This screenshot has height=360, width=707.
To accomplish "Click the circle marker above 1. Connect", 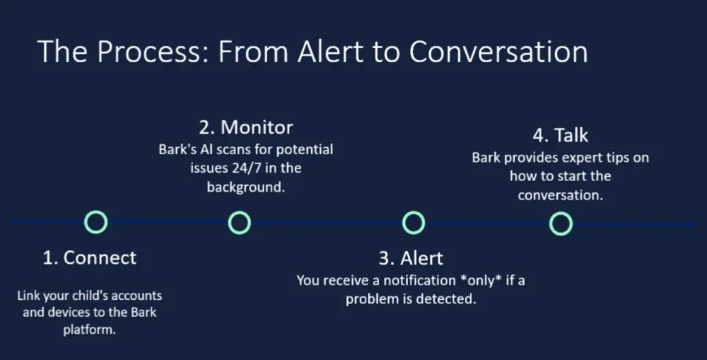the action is point(96,212).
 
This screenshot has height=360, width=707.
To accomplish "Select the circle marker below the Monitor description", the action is point(240,212).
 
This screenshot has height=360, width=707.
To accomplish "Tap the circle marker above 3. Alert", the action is point(414,212).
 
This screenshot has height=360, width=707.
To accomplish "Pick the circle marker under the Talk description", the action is point(561,214).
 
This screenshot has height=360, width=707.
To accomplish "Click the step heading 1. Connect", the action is point(89,257).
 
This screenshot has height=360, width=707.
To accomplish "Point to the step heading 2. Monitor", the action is point(246,127).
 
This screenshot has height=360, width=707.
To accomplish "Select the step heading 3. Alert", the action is point(411,258).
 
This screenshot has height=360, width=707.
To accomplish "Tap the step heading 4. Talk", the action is point(561,135).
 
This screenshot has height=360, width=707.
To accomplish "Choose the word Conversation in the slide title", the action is point(498,52).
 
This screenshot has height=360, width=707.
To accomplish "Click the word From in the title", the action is point(253,52).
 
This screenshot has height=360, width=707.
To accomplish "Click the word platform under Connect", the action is point(89,330).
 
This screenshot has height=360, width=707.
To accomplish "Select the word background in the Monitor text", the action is point(246,187).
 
